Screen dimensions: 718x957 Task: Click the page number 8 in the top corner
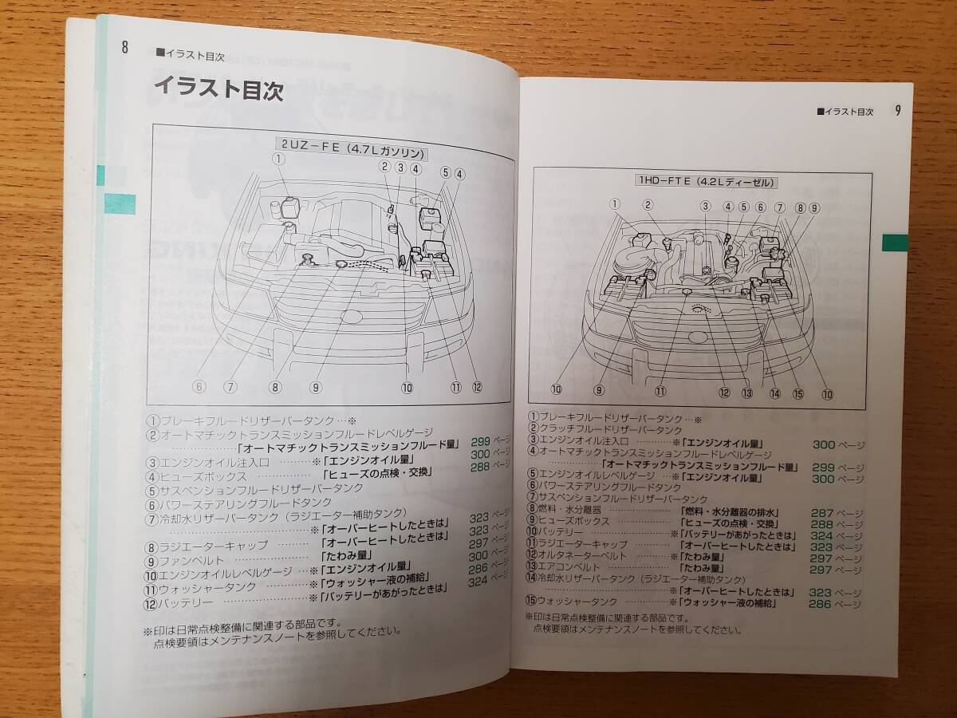click(x=124, y=46)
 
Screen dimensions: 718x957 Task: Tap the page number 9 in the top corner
click(x=897, y=111)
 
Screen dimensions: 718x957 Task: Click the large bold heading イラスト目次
click(x=218, y=88)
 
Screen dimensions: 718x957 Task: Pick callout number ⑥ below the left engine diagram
click(x=199, y=387)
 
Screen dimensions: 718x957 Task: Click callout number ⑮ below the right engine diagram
click(x=797, y=393)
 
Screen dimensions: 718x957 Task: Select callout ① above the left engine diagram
click(x=278, y=158)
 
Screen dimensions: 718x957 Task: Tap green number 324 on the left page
click(x=478, y=582)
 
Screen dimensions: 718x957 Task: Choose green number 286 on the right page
click(x=820, y=604)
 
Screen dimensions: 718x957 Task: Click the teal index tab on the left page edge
click(x=120, y=203)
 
